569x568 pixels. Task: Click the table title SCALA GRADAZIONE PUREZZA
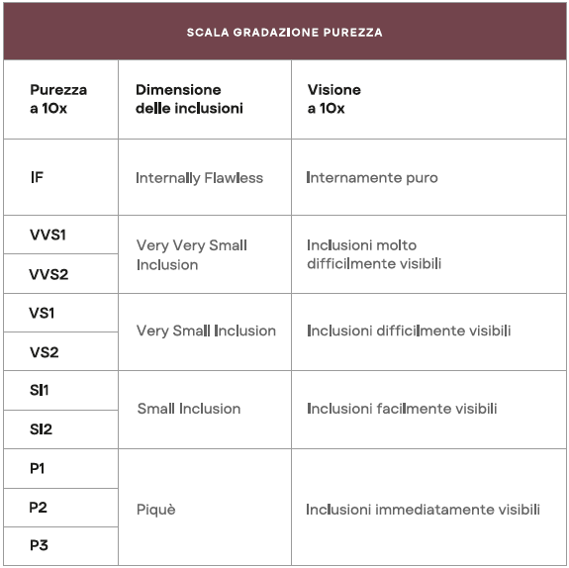coord(284,32)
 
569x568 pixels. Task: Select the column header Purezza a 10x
coord(58,99)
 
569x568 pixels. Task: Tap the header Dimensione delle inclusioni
coord(189,99)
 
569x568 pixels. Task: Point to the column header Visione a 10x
coord(333,99)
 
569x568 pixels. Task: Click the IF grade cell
coord(37,178)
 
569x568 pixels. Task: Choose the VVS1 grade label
coord(47,236)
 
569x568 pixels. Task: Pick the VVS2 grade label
coord(48,274)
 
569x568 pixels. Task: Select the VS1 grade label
coord(44,313)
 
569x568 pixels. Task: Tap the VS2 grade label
coord(45,351)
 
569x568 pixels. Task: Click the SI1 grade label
coord(40,390)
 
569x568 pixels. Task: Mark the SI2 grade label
coord(42,428)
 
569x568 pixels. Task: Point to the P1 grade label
coord(39,469)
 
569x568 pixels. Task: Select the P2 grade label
coord(39,508)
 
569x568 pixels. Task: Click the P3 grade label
coord(39,546)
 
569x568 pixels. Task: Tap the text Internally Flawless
coord(199,178)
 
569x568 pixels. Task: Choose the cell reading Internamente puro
coord(371,178)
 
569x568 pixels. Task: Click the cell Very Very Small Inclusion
coord(191,254)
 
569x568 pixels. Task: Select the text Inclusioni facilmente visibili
coord(401,409)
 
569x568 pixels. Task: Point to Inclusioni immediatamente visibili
coord(423,510)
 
